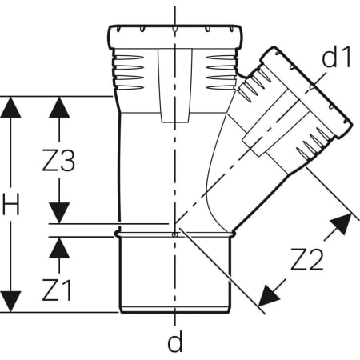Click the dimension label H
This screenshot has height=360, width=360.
pos(10,205)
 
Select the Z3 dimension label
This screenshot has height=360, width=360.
pos(58,161)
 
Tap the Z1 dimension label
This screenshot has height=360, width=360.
pos(57,290)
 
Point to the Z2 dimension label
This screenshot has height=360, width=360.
pos(307,259)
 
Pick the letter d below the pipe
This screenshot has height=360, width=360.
pos(175,341)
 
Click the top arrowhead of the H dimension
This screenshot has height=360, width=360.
pos(10,106)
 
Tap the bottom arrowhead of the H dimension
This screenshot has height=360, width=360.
pos(10,302)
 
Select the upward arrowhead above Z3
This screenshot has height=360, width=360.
pos(59,107)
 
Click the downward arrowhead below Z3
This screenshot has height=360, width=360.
pos(59,213)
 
